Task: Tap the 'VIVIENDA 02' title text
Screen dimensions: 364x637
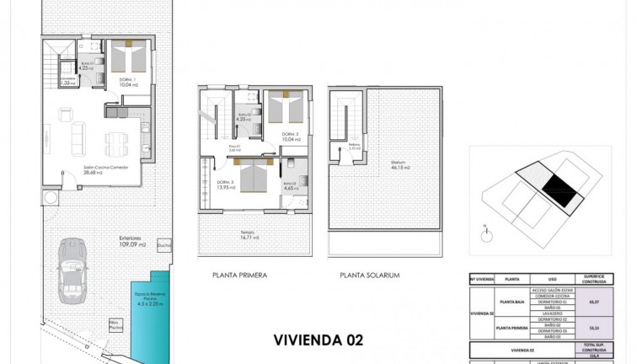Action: pyautogui.click(x=319, y=340)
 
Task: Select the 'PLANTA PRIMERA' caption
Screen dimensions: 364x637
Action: pyautogui.click(x=240, y=275)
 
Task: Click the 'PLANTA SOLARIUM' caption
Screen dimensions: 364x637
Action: pyautogui.click(x=369, y=275)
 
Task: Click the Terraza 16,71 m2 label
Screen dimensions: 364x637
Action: pyautogui.click(x=247, y=237)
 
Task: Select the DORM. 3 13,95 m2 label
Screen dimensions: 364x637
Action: pyautogui.click(x=225, y=185)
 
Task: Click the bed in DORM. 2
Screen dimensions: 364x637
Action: pyautogui.click(x=286, y=109)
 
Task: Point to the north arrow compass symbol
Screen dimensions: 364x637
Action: pyautogui.click(x=486, y=227)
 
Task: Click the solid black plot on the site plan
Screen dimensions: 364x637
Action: pyautogui.click(x=559, y=185)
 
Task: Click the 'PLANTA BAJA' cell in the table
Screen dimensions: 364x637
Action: pyautogui.click(x=515, y=301)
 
